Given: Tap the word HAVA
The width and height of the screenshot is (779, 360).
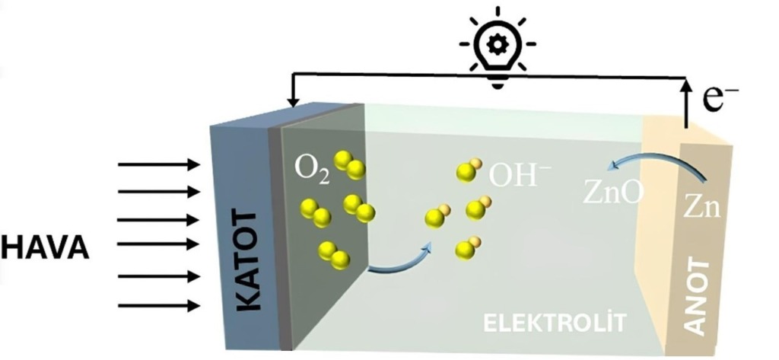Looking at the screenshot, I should click(45, 247).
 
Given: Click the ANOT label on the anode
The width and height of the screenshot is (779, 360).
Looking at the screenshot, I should click(697, 297).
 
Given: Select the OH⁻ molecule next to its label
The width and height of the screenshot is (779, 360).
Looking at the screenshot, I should click(467, 171).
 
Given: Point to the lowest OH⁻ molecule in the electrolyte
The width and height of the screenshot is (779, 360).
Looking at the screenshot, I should click(466, 247).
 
